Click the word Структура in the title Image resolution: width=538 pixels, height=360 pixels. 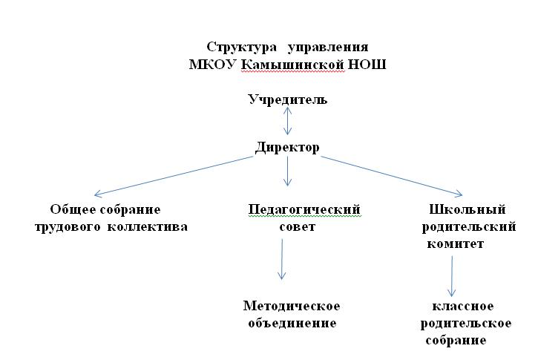point(242,48)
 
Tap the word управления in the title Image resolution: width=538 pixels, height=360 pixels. point(328,48)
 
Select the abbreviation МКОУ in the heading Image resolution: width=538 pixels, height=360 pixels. point(212,64)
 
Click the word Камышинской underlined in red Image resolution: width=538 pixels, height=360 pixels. point(292,65)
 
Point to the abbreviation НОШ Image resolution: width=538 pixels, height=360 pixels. point(367,64)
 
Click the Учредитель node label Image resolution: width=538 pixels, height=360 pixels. point(287,100)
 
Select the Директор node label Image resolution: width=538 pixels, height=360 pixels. point(287,148)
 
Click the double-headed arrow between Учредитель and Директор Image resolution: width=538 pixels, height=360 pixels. point(287,121)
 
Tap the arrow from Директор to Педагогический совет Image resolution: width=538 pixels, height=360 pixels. point(287,171)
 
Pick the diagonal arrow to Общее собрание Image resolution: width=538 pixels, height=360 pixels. point(174,177)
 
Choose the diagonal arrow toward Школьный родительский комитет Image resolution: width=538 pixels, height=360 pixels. point(392,177)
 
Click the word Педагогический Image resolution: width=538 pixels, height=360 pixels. point(304,209)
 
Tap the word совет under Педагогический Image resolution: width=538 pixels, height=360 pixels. point(297,227)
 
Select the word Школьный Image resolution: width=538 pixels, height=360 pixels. point(468,209)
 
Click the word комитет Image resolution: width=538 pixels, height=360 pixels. point(456,244)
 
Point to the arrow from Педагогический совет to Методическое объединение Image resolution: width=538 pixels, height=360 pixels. point(282,259)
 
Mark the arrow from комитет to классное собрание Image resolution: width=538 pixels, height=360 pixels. point(452,276)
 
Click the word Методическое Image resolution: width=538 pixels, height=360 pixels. point(292,306)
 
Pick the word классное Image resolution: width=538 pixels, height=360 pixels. point(463,306)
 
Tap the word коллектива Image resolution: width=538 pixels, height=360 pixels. point(148,227)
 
